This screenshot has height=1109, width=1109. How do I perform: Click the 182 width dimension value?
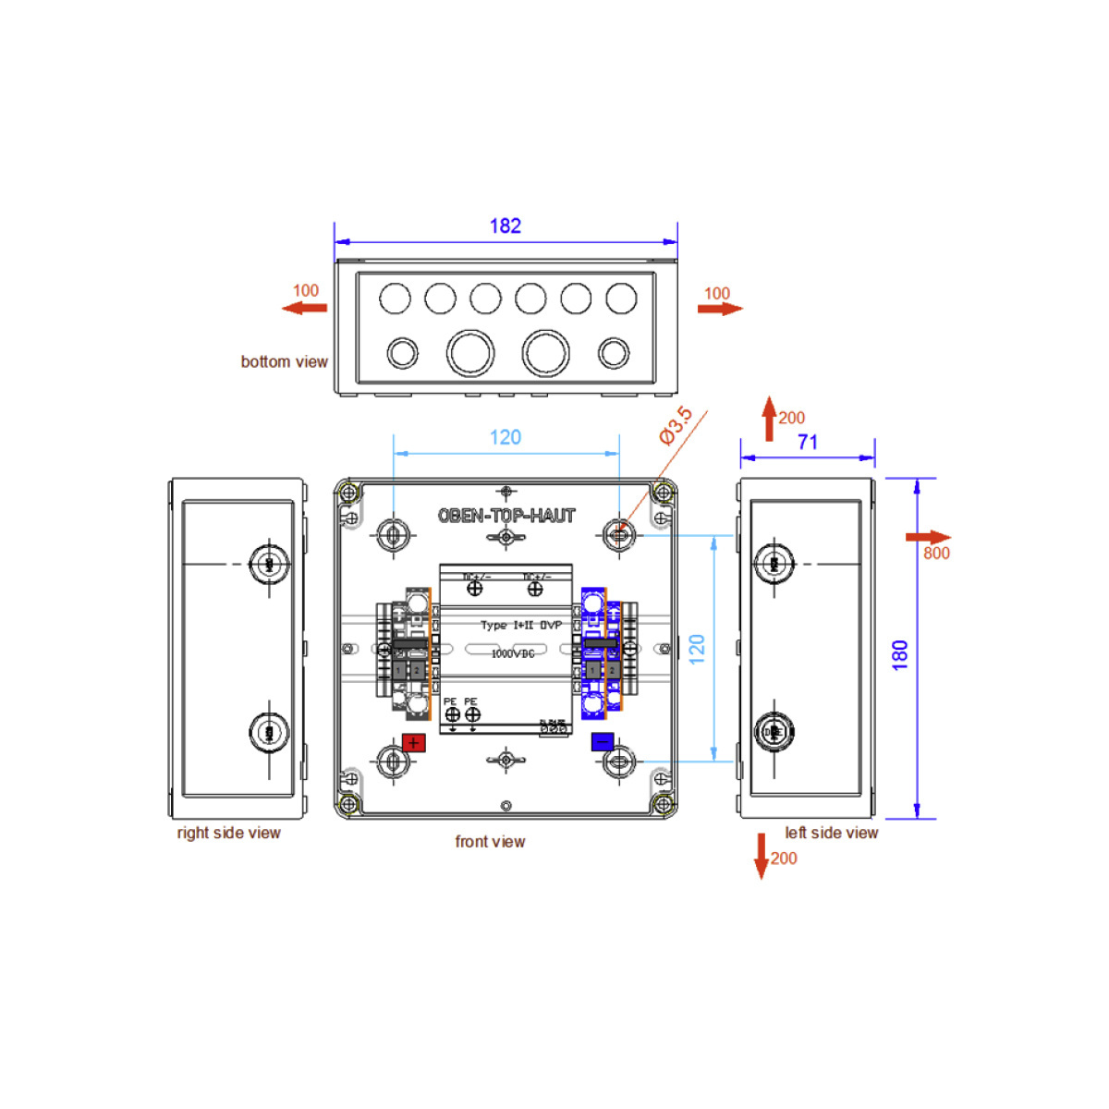(505, 225)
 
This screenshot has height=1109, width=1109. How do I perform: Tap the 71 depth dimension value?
(808, 443)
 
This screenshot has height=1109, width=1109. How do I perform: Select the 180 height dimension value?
(900, 654)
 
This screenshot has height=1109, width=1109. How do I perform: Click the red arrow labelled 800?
(928, 538)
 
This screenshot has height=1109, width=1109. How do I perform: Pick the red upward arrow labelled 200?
(769, 419)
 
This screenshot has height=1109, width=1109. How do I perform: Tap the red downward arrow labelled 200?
(762, 855)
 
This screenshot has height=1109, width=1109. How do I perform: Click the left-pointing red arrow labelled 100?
(304, 308)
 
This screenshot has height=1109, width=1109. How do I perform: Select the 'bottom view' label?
(284, 361)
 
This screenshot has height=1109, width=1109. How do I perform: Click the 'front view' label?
(490, 842)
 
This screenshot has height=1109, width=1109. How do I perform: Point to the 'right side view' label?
(228, 833)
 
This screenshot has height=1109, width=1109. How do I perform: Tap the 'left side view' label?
(831, 833)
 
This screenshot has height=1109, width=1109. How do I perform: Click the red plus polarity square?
(413, 743)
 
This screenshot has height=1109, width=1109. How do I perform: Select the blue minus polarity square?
(603, 742)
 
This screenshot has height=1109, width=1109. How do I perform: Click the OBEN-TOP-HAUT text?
(506, 516)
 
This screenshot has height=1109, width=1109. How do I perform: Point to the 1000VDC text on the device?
(513, 653)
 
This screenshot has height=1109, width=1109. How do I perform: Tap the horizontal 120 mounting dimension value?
(506, 437)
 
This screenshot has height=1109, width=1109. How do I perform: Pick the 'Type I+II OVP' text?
(520, 626)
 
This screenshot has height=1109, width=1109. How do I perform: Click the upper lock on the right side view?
(270, 564)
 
